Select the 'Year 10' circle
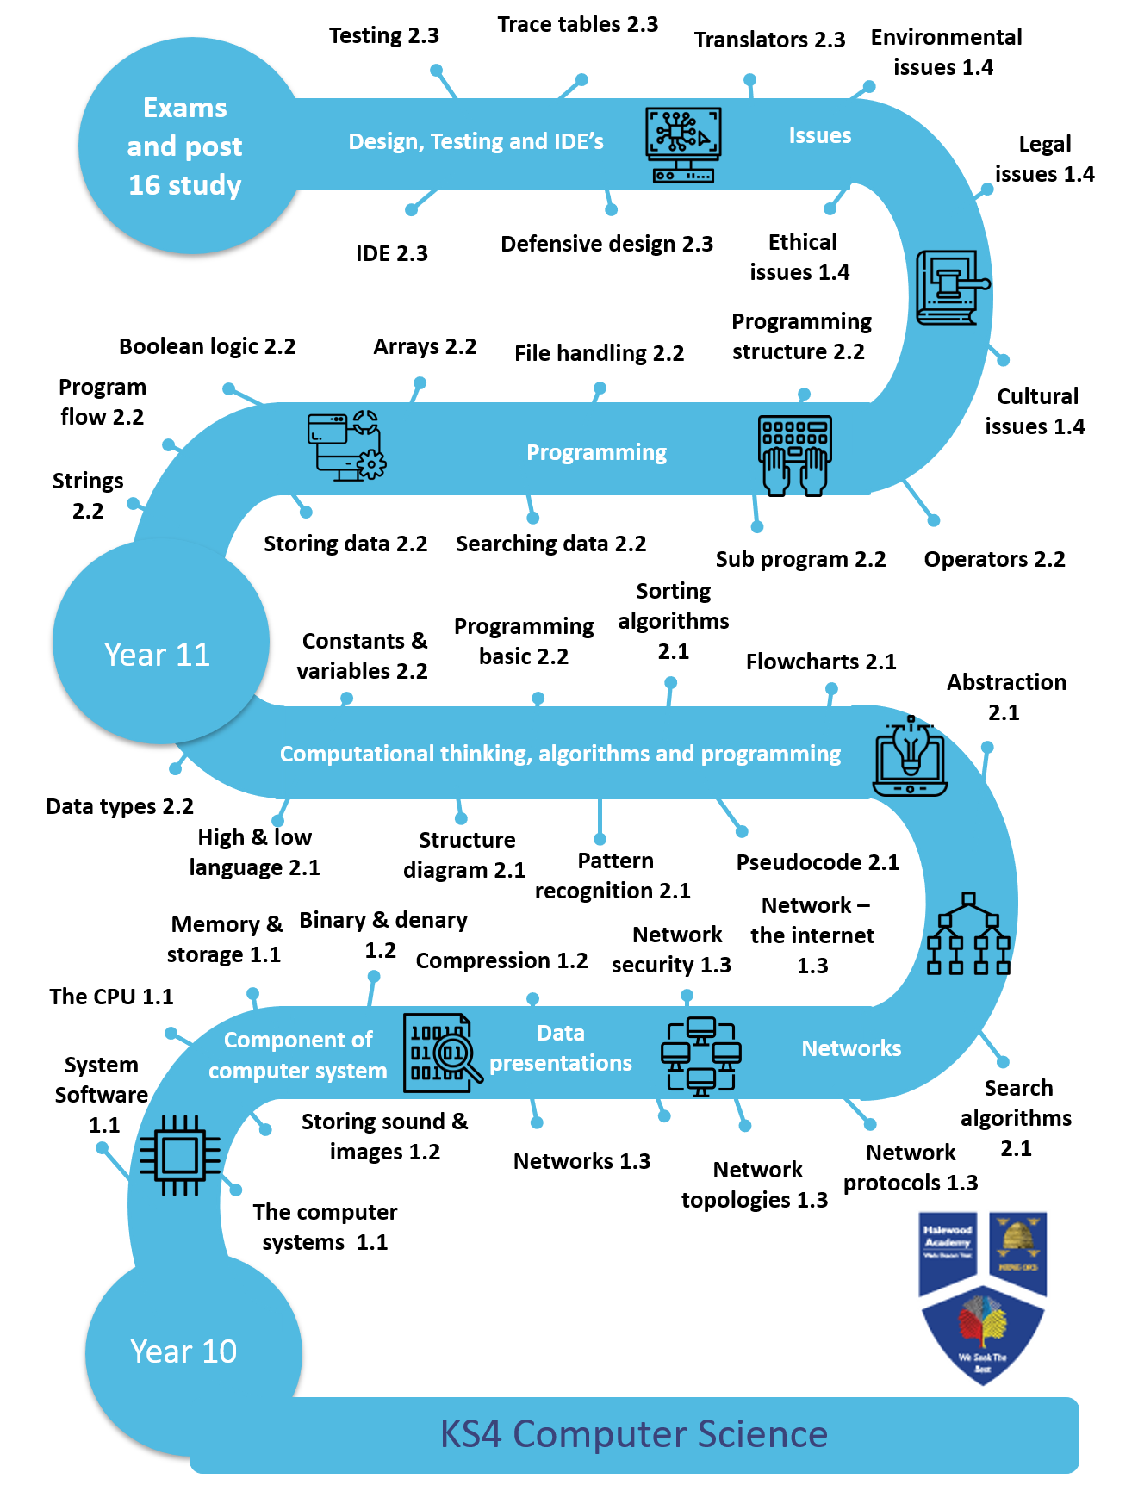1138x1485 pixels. pos(184,1351)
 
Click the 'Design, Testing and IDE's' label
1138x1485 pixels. pos(476,141)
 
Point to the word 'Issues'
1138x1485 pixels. pos(819,135)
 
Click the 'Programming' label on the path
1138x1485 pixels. pos(596,452)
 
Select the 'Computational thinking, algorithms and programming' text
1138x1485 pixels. pos(560,754)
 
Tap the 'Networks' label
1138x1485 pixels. pos(851,1048)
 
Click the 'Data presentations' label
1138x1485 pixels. pos(561,1047)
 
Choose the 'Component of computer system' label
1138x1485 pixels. pos(298,1055)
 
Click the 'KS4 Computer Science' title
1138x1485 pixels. pos(634,1434)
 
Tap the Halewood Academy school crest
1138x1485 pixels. pos(983,1296)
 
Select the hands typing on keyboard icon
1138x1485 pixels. pos(794,454)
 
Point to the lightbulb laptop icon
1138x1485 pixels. pos(911,757)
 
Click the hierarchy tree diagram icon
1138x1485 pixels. pos(968,934)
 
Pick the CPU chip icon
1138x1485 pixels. pos(180,1155)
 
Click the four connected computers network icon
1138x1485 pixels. pos(701,1056)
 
